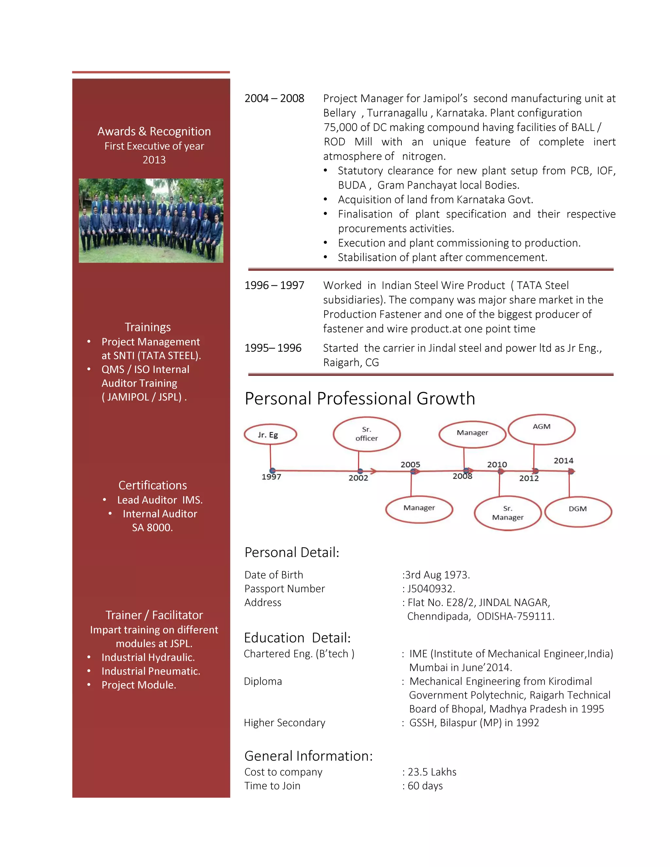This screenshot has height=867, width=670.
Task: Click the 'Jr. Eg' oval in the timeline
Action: tap(270, 434)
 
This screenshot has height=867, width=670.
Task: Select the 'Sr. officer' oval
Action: tap(366, 434)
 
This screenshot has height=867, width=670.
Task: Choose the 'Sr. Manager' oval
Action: tap(508, 513)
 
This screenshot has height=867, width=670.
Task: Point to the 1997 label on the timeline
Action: tap(271, 477)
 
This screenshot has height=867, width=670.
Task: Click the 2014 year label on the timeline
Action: tap(563, 461)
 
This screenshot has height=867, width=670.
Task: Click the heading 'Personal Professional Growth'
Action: tap(360, 398)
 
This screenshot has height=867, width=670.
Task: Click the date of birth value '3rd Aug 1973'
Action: tap(437, 575)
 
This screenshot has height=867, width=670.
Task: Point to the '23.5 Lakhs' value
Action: tap(432, 772)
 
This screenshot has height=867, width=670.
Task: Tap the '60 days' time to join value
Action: tap(425, 786)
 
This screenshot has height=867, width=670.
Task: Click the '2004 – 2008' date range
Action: tap(274, 98)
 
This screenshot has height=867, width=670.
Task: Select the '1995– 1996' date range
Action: tap(273, 348)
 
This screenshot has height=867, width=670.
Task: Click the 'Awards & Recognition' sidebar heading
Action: tap(154, 132)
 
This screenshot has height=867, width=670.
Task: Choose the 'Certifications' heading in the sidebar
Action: tap(152, 485)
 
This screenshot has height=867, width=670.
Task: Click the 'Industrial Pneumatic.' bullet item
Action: tap(151, 671)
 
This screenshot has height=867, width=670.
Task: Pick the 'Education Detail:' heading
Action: tap(297, 638)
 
